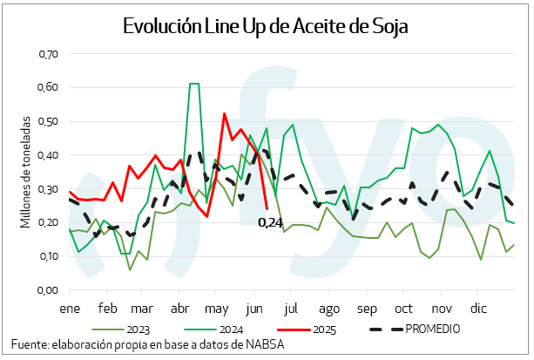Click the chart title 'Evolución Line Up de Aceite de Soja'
tap(266, 27)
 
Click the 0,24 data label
tap(271, 222)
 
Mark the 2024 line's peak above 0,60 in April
tap(193, 84)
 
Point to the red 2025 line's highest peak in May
tap(224, 113)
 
